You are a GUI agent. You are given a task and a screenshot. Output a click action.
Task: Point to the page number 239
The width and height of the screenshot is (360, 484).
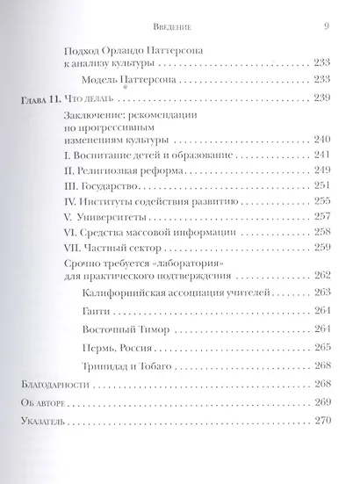tap(320, 97)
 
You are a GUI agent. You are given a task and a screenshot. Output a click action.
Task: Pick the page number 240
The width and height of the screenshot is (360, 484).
tap(320, 140)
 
